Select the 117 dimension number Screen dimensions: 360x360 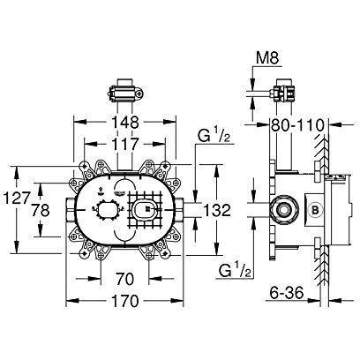click(124, 144)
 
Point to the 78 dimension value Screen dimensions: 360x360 click(41, 210)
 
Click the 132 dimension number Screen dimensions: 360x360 click(217, 210)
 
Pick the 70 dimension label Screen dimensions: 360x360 click(124, 279)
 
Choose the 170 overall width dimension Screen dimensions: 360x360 click(124, 301)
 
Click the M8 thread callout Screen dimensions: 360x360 click(266, 58)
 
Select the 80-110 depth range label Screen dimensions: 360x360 click(297, 125)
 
